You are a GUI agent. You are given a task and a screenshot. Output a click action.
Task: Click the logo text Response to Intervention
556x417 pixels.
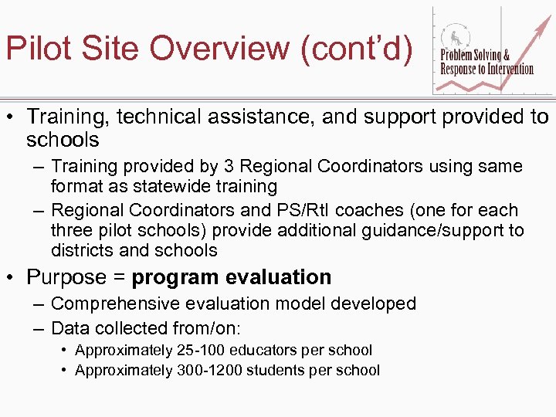[486, 69]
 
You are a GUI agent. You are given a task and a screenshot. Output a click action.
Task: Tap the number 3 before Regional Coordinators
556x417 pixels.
[227, 166]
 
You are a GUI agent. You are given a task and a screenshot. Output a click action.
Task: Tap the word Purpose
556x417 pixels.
[65, 277]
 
